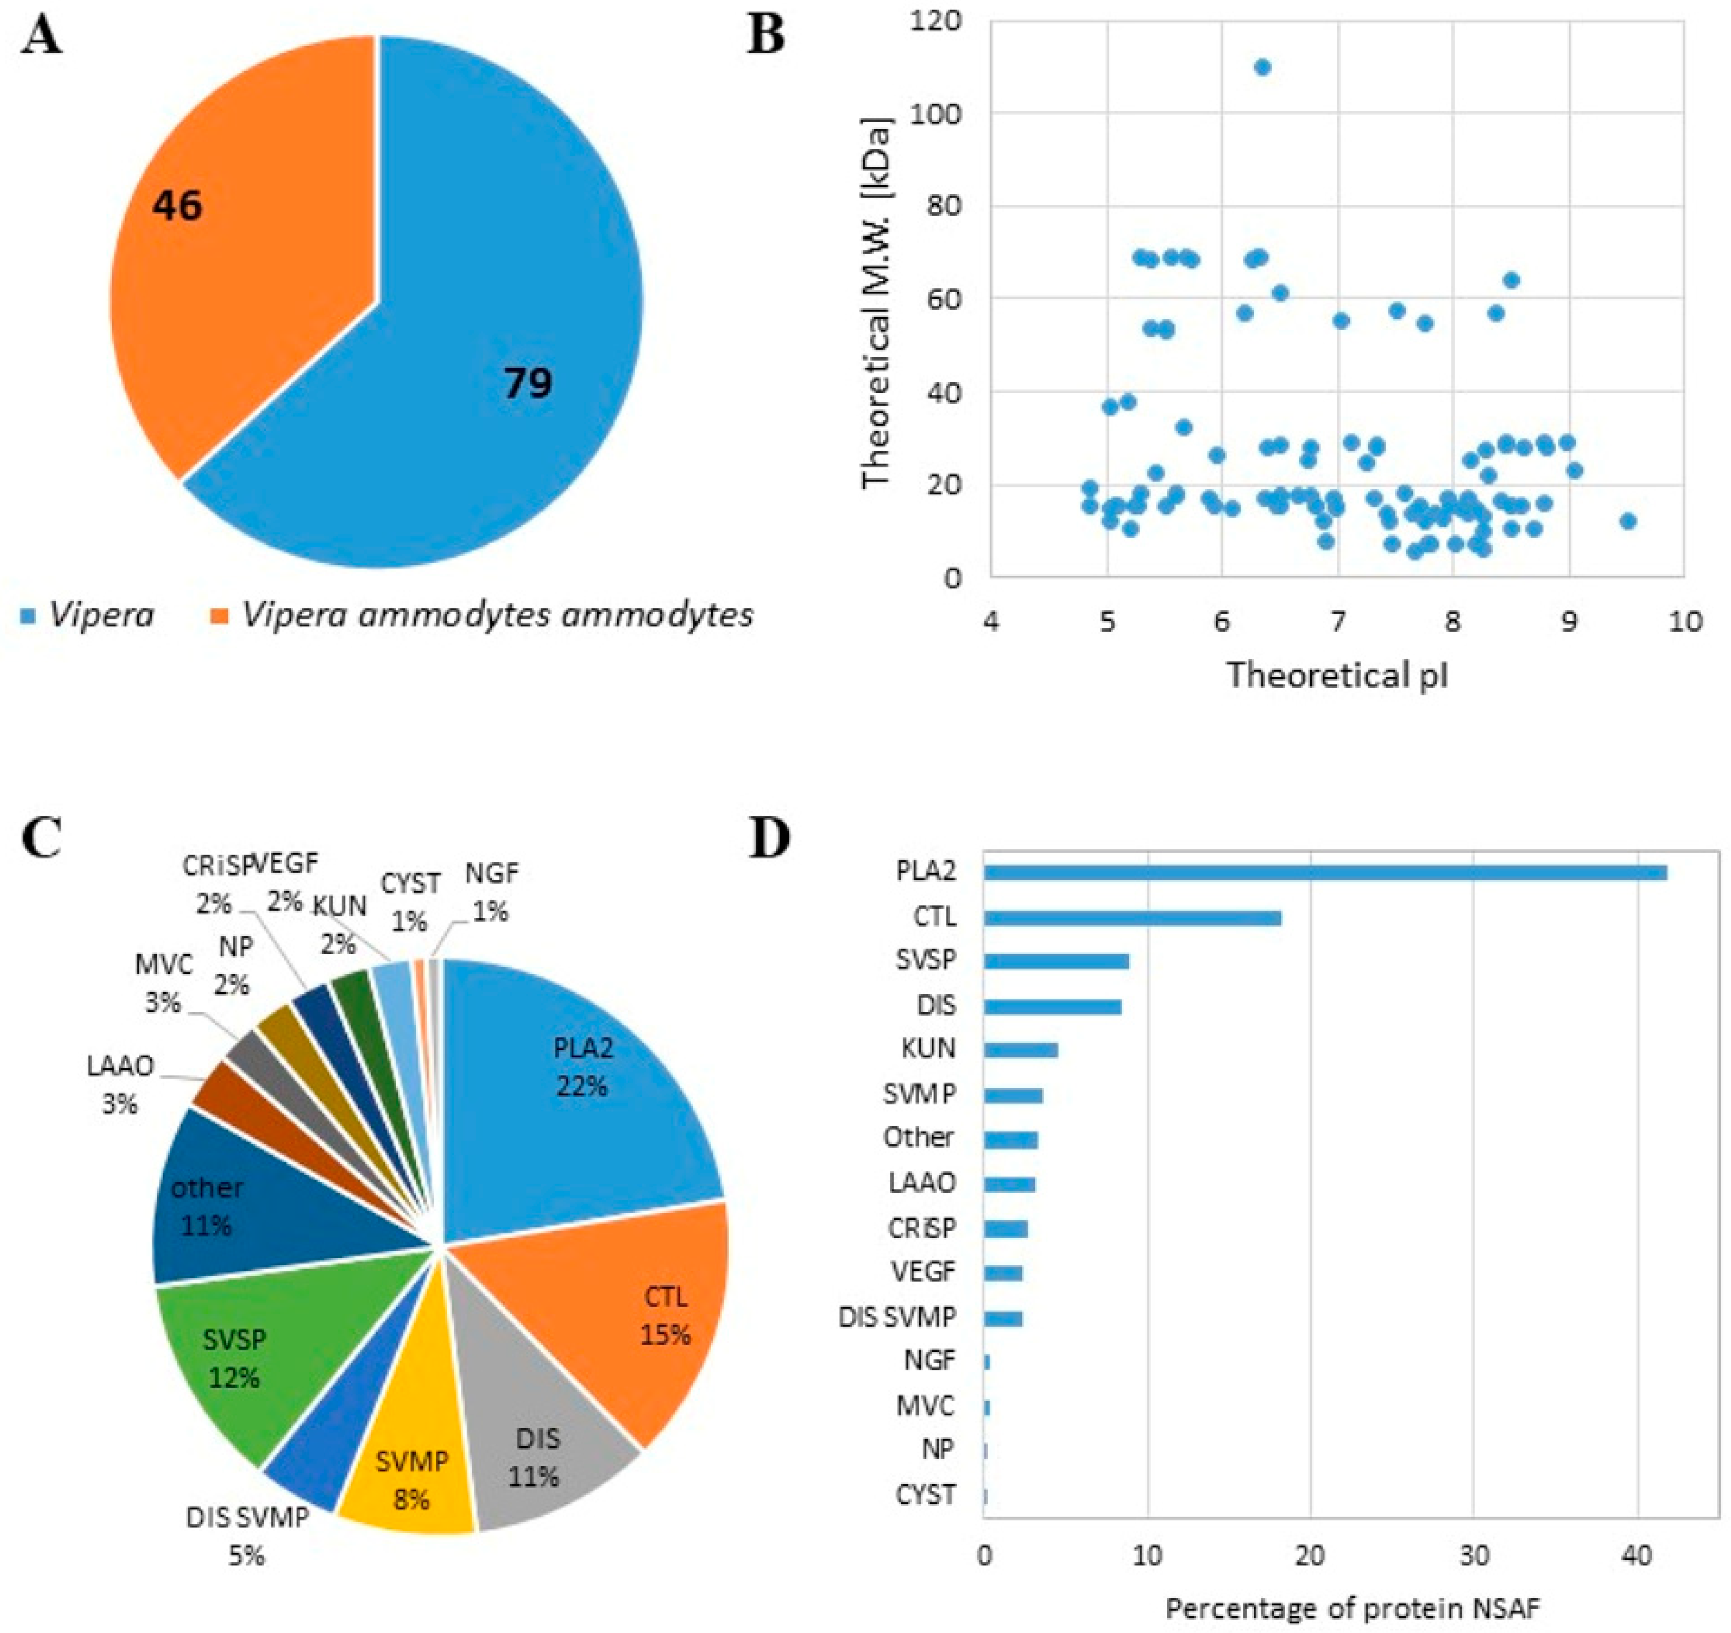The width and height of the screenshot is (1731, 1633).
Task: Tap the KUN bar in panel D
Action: [1021, 1050]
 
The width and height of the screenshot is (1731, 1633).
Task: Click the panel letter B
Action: [766, 37]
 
